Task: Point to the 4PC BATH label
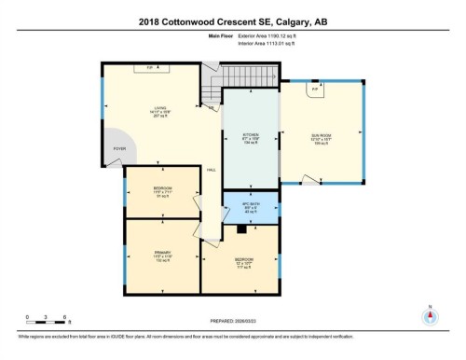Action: [250, 207]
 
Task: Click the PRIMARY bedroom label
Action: [161, 253]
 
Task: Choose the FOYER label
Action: [119, 148]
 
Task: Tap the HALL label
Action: [212, 169]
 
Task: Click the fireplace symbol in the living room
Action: [149, 67]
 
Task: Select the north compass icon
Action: [430, 315]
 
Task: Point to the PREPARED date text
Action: [225, 322]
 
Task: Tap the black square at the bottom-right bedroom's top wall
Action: [241, 227]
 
